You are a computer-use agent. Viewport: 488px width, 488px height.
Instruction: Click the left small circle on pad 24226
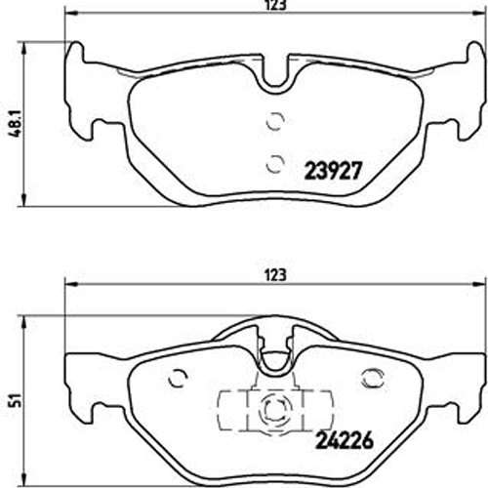(x=177, y=377)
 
